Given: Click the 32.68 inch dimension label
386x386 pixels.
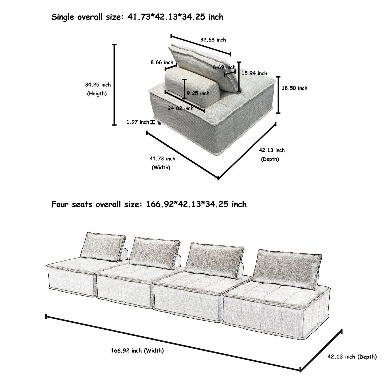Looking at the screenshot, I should (x=213, y=40).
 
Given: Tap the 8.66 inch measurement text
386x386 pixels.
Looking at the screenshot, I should (x=162, y=63).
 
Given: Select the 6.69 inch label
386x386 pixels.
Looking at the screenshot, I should (x=224, y=67).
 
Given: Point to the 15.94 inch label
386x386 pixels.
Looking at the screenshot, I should (x=254, y=73).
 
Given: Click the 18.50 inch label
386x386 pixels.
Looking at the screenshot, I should (x=294, y=88).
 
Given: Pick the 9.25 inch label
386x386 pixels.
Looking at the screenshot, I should (x=198, y=93).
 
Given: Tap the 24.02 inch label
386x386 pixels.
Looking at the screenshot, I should (x=181, y=108).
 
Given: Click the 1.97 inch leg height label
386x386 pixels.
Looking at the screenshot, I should (x=138, y=122).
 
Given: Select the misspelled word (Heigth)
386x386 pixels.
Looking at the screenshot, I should (x=97, y=94).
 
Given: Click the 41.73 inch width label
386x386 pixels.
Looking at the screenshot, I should (x=162, y=158).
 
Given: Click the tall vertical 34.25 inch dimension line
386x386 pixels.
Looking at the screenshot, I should (x=114, y=85).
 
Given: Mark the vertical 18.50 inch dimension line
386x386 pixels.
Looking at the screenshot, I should (x=278, y=95).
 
